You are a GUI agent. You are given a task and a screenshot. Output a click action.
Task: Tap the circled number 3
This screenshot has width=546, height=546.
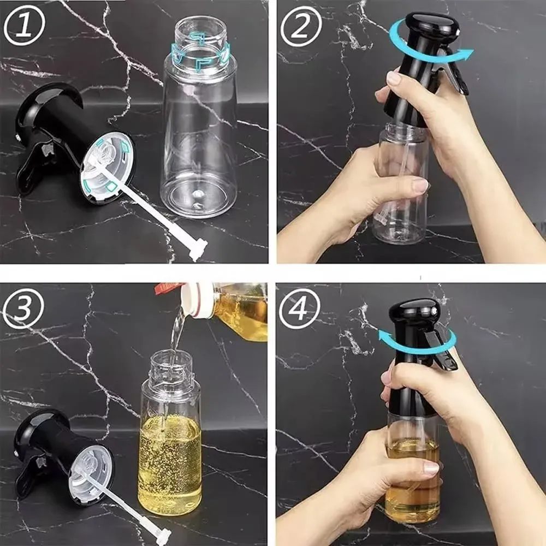(x=23, y=308)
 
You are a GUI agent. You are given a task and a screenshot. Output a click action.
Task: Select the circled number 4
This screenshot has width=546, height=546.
(x=299, y=308)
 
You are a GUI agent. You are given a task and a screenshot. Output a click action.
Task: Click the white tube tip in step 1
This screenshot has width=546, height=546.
(x=198, y=250)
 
